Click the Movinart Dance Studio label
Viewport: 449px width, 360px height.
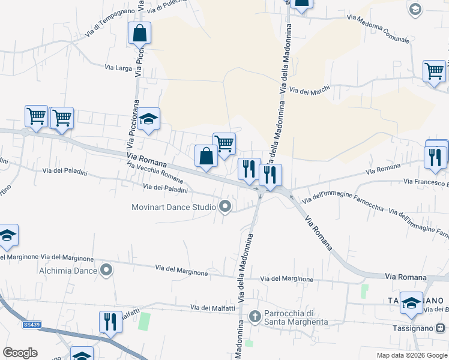[x=173, y=208]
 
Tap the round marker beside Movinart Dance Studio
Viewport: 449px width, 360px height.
[x=226, y=207]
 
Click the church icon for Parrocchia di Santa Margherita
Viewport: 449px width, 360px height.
[x=255, y=316]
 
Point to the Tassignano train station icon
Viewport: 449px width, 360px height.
[x=440, y=328]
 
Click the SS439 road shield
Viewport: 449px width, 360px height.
[x=31, y=325]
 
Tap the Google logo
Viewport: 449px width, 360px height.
[x=20, y=353]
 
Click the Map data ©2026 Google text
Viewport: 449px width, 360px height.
[x=411, y=355]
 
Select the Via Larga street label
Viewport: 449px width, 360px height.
[x=118, y=68]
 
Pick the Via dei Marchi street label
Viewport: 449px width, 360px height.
[x=310, y=90]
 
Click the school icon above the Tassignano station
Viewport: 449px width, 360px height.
[x=411, y=303]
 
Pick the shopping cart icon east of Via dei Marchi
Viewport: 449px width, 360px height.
[x=434, y=71]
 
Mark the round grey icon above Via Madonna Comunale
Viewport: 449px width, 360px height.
[x=415, y=8]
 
